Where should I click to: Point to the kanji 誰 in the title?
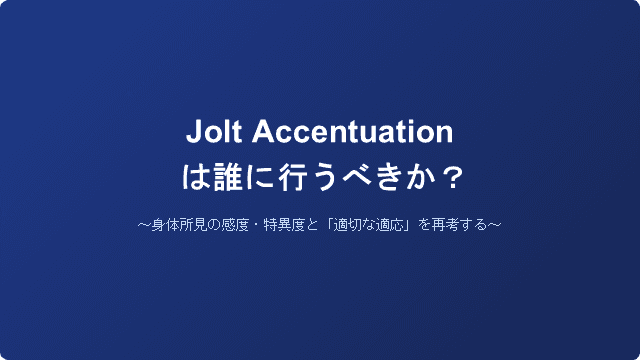pos(225,178)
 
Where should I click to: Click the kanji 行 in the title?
pos(291,178)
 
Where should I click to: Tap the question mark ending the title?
pos(452,178)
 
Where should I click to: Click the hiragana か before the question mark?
pos(421,178)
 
